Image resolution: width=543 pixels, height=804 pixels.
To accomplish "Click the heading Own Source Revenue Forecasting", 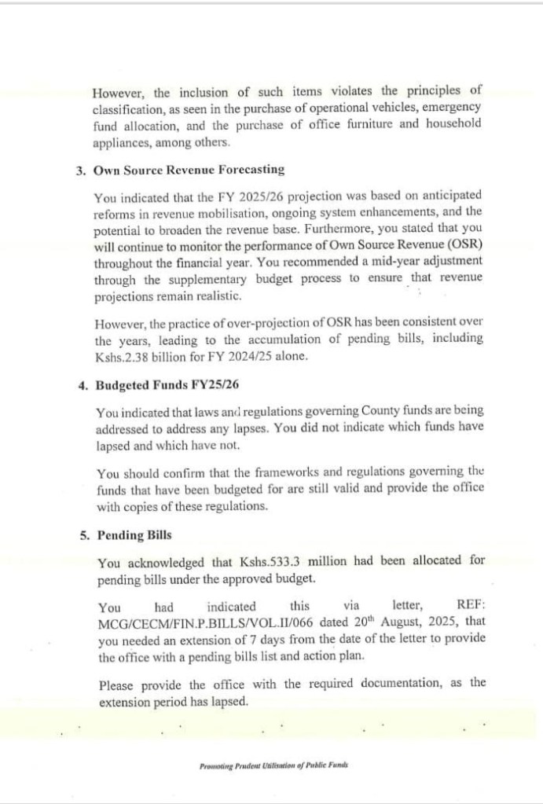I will (189, 170).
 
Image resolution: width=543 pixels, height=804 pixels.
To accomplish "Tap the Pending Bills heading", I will (134, 535).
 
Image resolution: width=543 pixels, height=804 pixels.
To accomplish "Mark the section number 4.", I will (83, 386).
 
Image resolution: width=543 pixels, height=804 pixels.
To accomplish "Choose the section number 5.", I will (83, 535).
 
